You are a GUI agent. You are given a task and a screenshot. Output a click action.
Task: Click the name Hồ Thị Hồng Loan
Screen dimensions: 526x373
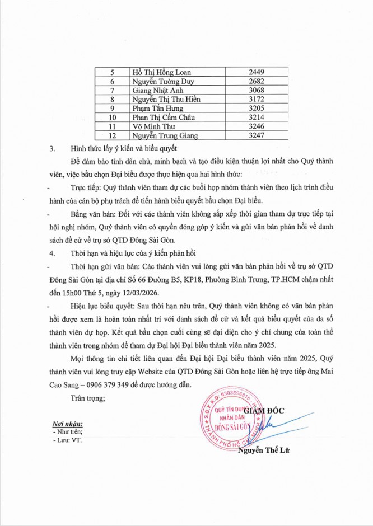point(158,72)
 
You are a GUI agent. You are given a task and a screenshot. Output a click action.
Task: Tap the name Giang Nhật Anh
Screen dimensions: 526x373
point(152,90)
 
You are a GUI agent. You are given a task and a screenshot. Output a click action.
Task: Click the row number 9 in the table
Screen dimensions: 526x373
point(113,108)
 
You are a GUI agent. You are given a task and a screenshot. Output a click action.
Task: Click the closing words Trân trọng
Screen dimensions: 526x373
point(87,398)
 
